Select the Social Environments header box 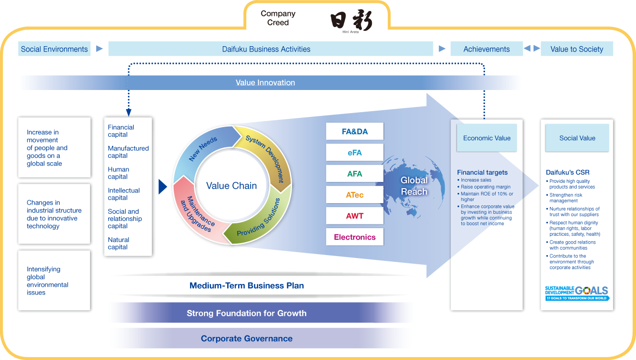[x=54, y=49]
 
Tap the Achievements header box [x=486, y=49]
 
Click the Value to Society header [x=576, y=49]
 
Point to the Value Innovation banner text [x=265, y=83]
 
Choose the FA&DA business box [x=355, y=131]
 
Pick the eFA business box [x=355, y=153]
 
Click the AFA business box [x=355, y=174]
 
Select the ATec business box [x=355, y=195]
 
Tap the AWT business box [x=355, y=216]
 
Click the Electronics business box [x=355, y=237]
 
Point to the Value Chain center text [x=231, y=186]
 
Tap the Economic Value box [x=486, y=138]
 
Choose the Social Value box [x=577, y=138]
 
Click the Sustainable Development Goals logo [x=576, y=293]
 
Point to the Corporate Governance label [x=246, y=338]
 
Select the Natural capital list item [x=118, y=244]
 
